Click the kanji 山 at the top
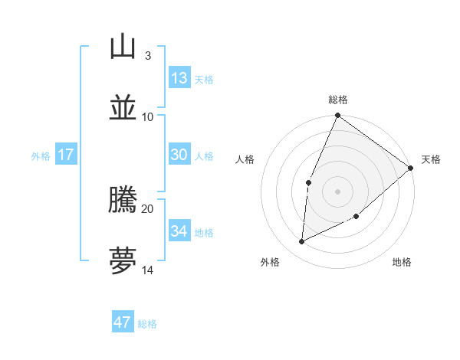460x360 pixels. pos(123,47)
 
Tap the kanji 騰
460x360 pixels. pos(123,200)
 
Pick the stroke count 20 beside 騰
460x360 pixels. pos(147,208)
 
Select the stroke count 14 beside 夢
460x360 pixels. pos(147,270)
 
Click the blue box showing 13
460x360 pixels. pos(179,78)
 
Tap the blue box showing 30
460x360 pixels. pos(179,155)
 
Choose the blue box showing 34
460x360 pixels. pos(179,231)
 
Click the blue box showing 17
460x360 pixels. pos(66,155)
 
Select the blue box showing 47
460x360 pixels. pos(123,322)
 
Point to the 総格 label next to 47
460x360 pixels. pos(147,324)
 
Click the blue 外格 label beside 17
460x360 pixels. pos(41,156)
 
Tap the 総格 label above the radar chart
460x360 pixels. pos(337,100)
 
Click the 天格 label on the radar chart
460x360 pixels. pos(431,159)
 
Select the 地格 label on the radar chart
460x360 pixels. pos(402,262)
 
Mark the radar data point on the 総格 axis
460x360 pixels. pos(337,116)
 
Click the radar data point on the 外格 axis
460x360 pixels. pos(302,242)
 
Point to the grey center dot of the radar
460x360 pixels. pos(337,190)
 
